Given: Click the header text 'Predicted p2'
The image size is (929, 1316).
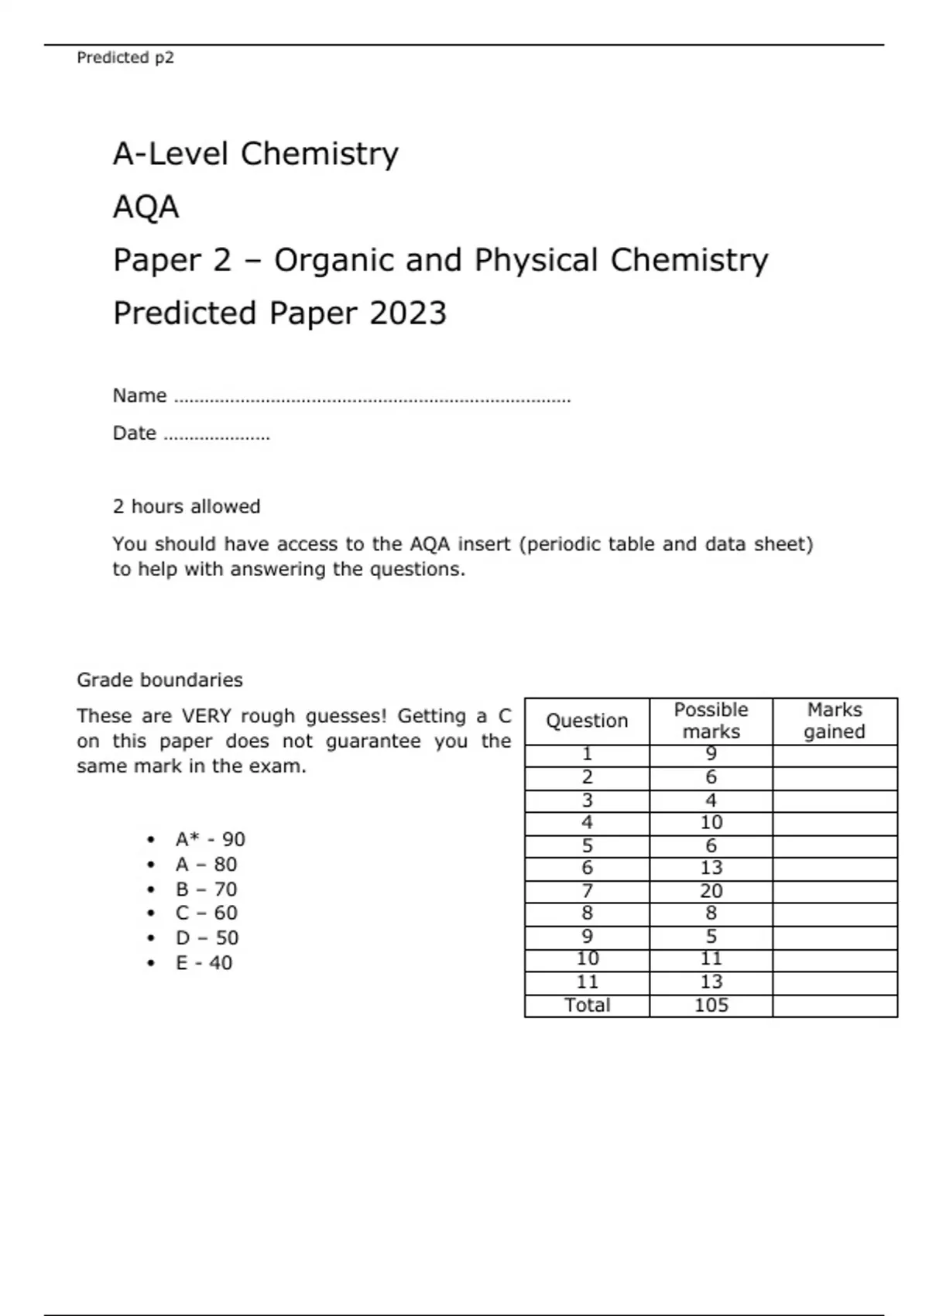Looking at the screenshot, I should pos(125,57).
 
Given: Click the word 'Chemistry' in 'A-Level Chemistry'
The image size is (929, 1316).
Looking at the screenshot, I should pos(319,154).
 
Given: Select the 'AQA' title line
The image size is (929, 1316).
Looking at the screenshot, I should pos(146,207).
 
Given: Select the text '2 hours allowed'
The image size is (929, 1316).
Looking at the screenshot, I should pos(186,506).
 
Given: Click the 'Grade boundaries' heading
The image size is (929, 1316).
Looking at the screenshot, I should pos(159,680).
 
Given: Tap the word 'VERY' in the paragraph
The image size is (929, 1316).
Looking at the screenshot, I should pos(206,716).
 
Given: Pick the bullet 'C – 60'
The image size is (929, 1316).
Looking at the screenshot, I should pos(206,913).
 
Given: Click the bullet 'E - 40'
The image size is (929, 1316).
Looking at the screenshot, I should pos(203,962).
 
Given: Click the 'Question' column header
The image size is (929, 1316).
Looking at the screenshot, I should pos(586,721).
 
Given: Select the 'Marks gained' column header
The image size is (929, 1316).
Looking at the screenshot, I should pos(834,721).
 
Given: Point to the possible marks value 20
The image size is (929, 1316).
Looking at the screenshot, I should pos(711,891).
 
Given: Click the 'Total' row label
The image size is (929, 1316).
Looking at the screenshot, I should pos(586,1005).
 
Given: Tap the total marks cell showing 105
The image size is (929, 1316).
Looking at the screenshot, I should pos(711,1005).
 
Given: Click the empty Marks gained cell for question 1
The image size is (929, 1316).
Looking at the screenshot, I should pos(835,755).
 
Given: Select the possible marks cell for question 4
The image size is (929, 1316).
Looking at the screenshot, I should pos(711,822).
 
